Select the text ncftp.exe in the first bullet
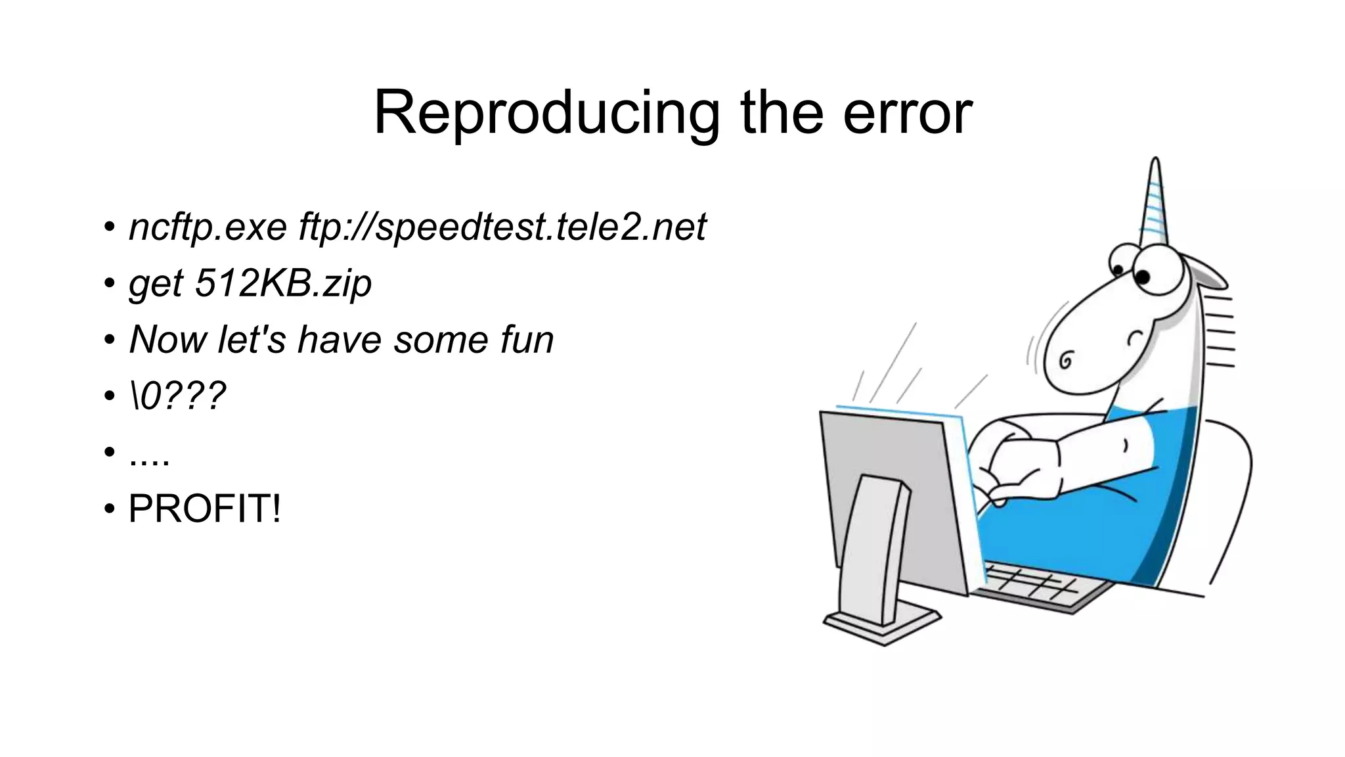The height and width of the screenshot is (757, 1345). [x=208, y=227]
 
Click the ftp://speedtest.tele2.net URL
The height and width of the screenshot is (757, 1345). [x=502, y=227]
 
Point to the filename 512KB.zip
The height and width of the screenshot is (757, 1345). [x=283, y=283]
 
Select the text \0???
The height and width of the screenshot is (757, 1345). [x=177, y=396]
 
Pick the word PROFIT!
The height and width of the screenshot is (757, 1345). [x=204, y=509]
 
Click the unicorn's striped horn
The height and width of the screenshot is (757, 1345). [x=1155, y=204]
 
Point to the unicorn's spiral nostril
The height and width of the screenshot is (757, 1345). [x=1067, y=360]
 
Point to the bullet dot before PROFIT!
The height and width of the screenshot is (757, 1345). [x=109, y=509]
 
